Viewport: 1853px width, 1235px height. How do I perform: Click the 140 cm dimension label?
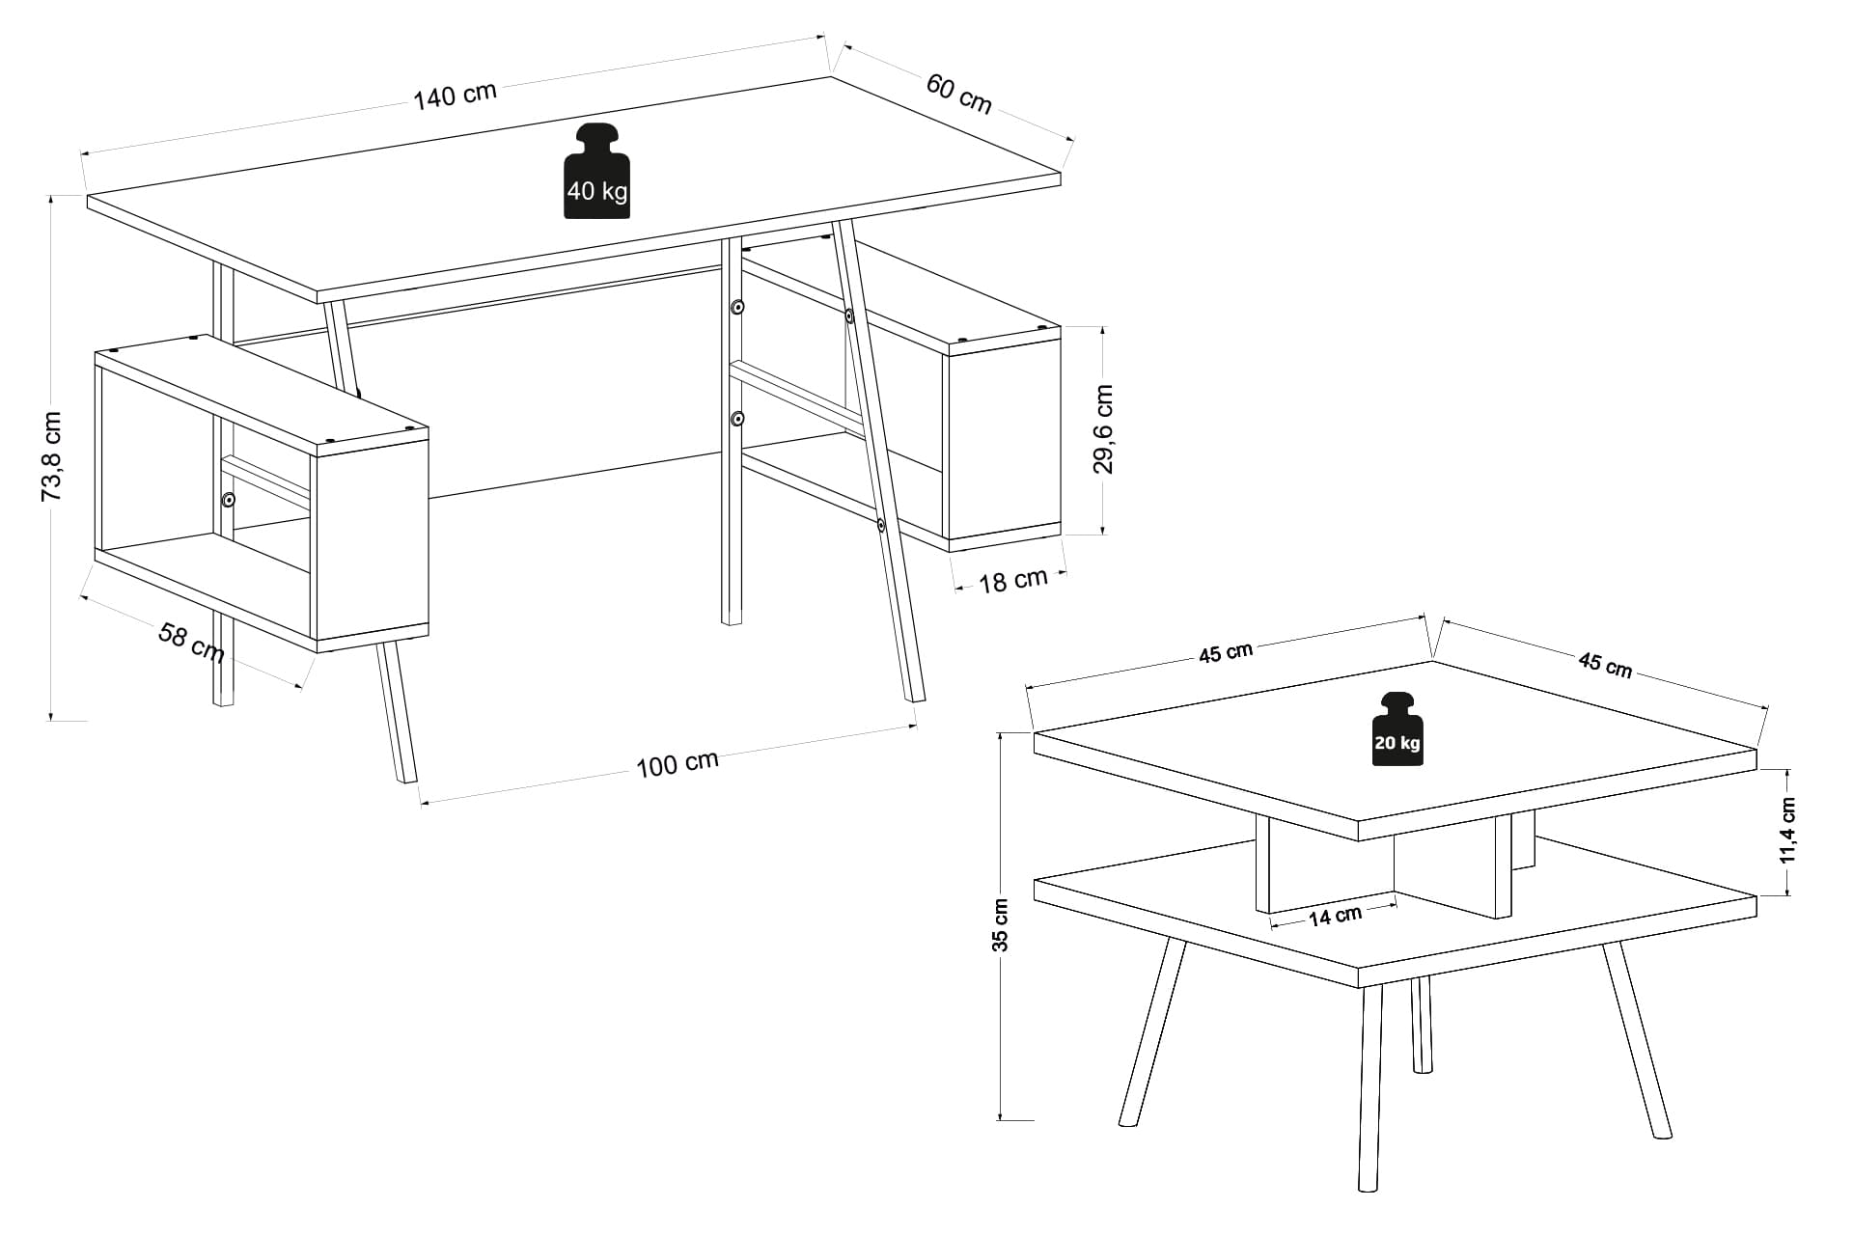tap(456, 96)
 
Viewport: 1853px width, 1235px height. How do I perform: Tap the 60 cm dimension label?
tap(959, 93)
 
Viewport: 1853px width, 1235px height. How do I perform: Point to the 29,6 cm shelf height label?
tap(1103, 429)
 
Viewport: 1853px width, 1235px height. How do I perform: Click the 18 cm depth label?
tap(1013, 580)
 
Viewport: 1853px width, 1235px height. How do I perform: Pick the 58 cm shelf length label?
tap(191, 644)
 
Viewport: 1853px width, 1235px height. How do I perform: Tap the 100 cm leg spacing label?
tap(678, 763)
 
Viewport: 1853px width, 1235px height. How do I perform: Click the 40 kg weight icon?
tap(597, 171)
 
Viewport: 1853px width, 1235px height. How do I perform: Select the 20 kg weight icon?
tap(1397, 728)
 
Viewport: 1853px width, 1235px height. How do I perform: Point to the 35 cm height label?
tap(1001, 925)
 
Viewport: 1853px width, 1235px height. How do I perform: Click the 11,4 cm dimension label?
tap(1787, 831)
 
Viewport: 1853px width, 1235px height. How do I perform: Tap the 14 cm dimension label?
tap(1335, 916)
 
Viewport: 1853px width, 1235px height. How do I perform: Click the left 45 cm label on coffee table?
tap(1226, 653)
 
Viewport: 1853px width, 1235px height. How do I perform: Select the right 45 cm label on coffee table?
tap(1605, 665)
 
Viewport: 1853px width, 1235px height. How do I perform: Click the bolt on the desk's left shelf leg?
tap(229, 500)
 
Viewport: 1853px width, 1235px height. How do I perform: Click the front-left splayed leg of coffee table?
tap(1151, 1031)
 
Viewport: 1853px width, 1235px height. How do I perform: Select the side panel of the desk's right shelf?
tap(1004, 443)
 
